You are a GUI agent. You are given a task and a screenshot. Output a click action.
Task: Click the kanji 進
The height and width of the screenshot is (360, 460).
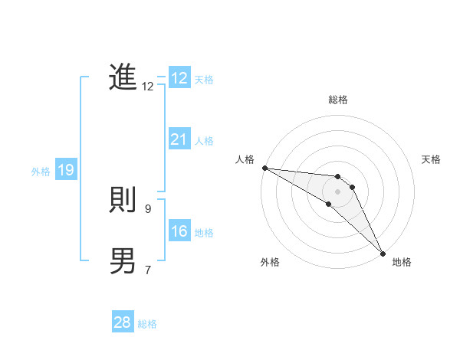123,78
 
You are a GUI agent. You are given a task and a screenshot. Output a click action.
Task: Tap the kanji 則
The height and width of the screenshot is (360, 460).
123,201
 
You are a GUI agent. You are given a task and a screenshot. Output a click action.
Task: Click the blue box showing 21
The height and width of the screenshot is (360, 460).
179,139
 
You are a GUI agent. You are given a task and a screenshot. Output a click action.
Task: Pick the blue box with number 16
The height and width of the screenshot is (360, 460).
179,231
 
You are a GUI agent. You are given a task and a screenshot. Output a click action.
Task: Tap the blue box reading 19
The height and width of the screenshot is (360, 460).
66,170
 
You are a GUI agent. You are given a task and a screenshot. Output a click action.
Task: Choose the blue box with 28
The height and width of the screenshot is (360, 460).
122,322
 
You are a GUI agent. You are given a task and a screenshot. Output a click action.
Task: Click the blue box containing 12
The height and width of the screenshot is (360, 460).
179,78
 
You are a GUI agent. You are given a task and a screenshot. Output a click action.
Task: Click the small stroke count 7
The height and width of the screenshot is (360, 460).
148,270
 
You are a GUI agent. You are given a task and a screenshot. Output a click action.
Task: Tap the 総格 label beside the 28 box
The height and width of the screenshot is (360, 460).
147,324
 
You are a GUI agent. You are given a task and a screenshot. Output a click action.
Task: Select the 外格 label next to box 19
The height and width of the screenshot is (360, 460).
41,172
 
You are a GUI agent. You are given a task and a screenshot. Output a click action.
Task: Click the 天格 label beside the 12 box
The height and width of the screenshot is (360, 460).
204,80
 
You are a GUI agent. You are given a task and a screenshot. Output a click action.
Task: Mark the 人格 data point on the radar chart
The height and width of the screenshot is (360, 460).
264,168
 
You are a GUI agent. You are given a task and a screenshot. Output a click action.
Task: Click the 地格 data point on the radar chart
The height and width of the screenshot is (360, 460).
383,253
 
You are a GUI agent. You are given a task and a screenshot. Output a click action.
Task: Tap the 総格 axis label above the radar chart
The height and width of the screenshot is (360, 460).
338,100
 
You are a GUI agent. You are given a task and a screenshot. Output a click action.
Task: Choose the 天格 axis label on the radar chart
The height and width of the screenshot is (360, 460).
431,159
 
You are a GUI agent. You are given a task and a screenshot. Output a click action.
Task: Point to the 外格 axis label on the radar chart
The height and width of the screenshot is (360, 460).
269,262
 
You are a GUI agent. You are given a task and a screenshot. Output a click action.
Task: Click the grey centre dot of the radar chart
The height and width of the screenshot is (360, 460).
338,191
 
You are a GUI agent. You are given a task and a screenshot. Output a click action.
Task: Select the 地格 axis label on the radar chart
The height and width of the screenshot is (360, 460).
402,262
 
